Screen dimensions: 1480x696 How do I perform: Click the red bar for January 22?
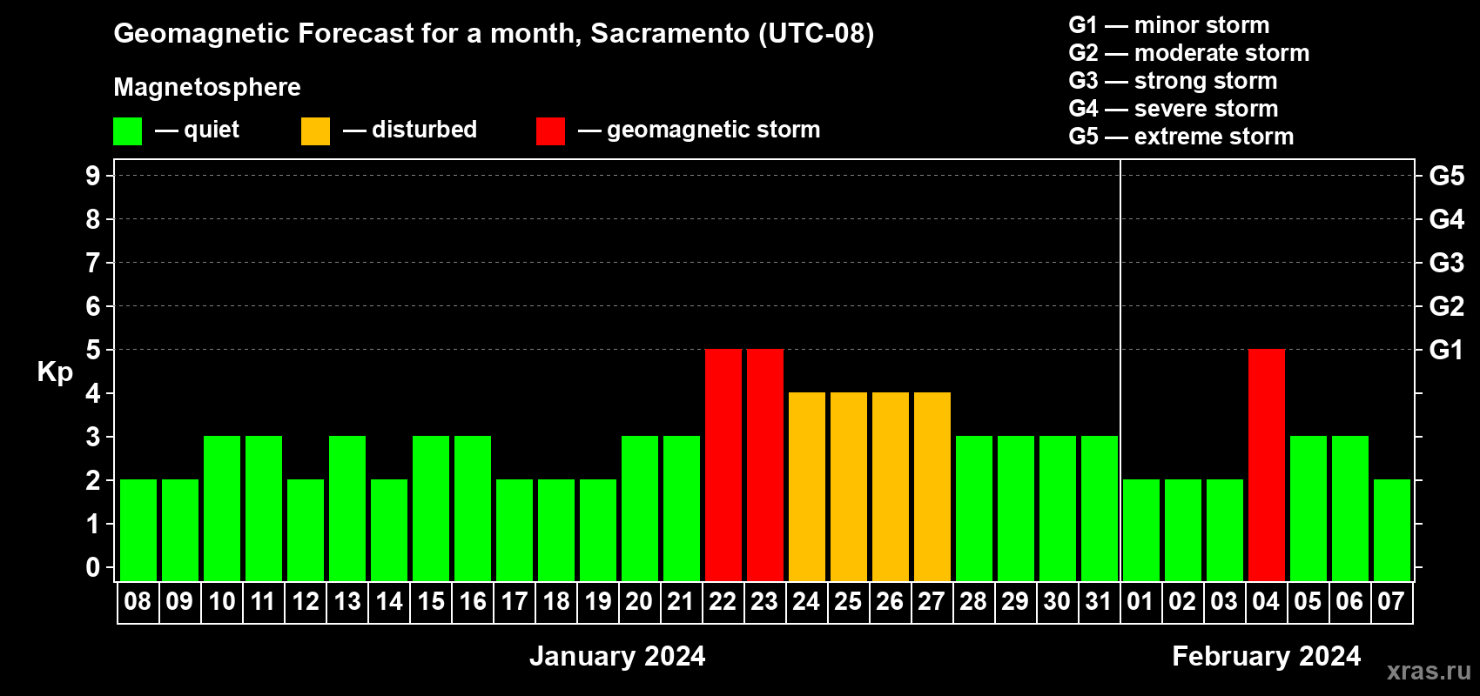click(x=723, y=465)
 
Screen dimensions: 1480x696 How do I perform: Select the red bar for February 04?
click(x=1267, y=465)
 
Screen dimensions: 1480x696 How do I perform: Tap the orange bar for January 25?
click(x=848, y=486)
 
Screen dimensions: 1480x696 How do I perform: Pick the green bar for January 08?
click(x=138, y=530)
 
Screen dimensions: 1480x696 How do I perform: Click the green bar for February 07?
click(x=1392, y=530)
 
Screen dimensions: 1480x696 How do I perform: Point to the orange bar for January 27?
click(x=932, y=486)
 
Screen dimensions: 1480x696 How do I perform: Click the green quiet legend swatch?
click(x=127, y=130)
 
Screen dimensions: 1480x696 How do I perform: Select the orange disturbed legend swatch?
click(x=315, y=130)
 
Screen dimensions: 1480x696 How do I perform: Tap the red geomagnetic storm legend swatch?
click(x=551, y=130)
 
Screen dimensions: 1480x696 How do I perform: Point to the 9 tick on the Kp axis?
click(x=92, y=176)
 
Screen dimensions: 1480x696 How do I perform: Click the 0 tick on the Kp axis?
click(x=92, y=567)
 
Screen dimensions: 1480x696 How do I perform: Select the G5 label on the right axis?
click(x=1447, y=176)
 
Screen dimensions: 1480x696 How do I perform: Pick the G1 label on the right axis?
click(x=1447, y=350)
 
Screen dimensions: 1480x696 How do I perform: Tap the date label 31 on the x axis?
click(x=1099, y=601)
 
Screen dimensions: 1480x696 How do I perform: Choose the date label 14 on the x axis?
click(x=389, y=601)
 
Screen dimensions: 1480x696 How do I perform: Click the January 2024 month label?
click(x=618, y=656)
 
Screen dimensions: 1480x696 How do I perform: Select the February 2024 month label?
click(x=1267, y=656)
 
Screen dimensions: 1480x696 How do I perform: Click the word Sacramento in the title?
click(x=670, y=33)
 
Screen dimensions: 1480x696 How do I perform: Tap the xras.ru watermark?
click(x=1430, y=671)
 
